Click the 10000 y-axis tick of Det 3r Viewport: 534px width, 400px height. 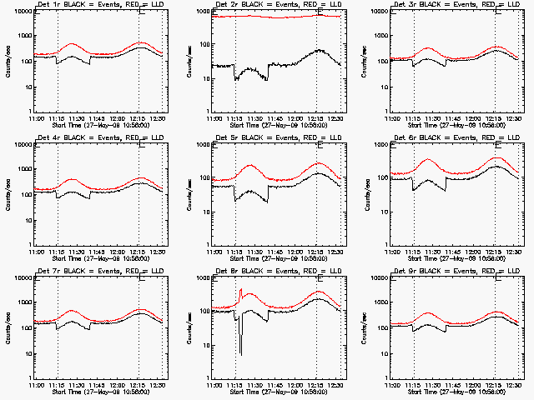point(383,12)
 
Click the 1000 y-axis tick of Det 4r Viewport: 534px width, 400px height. point(25,170)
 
